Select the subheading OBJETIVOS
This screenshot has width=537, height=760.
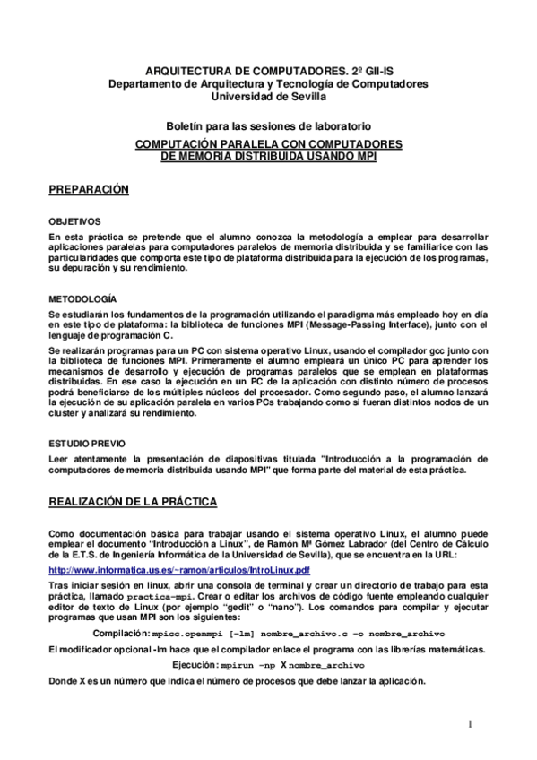click(74, 220)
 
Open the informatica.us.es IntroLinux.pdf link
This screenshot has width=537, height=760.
click(179, 570)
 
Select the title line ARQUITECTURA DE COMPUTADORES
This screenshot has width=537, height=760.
click(268, 71)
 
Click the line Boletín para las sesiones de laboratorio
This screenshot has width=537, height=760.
click(268, 127)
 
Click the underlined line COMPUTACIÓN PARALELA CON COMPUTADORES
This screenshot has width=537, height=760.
click(268, 142)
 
